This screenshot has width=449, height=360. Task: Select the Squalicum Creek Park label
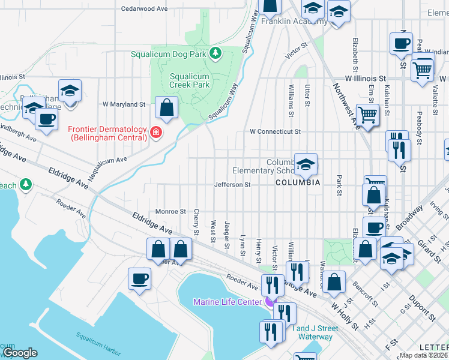(190, 80)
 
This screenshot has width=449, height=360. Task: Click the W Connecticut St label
(274, 131)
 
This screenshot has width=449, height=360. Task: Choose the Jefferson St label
(232, 185)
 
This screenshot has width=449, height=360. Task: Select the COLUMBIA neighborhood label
(298, 182)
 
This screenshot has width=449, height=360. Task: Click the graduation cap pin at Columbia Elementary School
(306, 164)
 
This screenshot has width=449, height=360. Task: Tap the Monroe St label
(171, 211)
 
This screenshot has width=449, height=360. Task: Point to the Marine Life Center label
(227, 302)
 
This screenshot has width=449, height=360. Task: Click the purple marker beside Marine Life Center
(268, 301)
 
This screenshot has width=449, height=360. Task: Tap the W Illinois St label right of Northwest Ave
(365, 79)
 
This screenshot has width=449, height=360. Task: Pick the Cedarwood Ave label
(144, 9)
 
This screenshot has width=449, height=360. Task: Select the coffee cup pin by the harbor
(140, 279)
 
